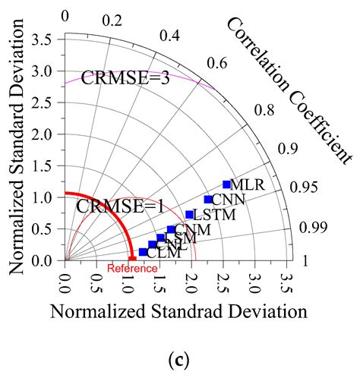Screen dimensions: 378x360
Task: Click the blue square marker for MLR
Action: (x=226, y=184)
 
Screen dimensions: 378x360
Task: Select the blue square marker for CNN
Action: (x=208, y=200)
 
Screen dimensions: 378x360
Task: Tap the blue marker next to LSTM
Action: (x=190, y=215)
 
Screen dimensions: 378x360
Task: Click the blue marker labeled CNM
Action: (x=171, y=229)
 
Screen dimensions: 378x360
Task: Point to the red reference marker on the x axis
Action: (x=133, y=260)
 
